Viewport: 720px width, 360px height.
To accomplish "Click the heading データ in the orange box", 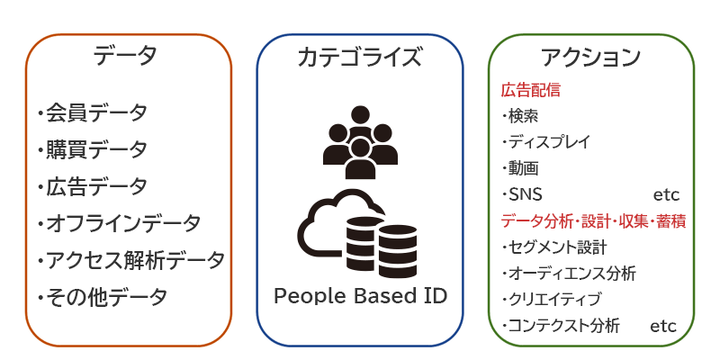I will [125, 57].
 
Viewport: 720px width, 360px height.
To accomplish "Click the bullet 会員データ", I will [95, 113].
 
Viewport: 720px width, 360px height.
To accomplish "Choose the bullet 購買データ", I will [95, 149].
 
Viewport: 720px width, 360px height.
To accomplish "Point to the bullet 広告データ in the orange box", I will [95, 186].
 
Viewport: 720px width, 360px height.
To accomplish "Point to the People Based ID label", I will [360, 296].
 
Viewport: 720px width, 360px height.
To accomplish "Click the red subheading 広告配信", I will [530, 90].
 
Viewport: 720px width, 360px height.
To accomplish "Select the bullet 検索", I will [523, 116].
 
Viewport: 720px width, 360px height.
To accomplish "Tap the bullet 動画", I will [523, 168].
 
